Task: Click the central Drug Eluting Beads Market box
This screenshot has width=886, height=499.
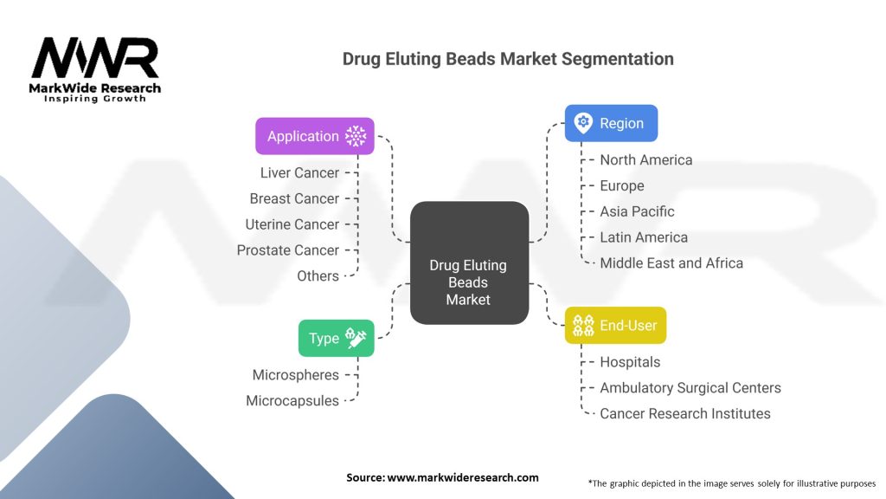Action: point(468,262)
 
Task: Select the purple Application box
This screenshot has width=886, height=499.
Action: point(315,136)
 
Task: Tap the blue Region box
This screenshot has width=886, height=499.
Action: point(611,123)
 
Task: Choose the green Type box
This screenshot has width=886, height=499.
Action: point(336,338)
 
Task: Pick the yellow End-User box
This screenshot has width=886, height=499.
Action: point(615,325)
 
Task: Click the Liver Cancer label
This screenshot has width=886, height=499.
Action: point(299,172)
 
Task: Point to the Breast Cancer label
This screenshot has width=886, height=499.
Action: point(294,198)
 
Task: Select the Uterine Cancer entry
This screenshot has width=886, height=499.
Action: point(292,224)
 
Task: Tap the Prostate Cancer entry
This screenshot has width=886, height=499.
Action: point(288,250)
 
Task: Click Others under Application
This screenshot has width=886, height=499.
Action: point(318,276)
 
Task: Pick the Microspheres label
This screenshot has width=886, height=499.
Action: point(296,375)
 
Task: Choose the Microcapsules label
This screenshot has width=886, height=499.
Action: point(292,401)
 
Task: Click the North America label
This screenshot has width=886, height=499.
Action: point(646,159)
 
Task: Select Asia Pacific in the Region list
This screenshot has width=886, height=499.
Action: point(637,211)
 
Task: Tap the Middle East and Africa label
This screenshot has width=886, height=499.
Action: point(671,262)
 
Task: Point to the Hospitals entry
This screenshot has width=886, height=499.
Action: point(630,362)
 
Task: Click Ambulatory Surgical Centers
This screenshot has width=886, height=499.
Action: point(690,388)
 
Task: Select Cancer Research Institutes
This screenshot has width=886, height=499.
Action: point(685,414)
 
